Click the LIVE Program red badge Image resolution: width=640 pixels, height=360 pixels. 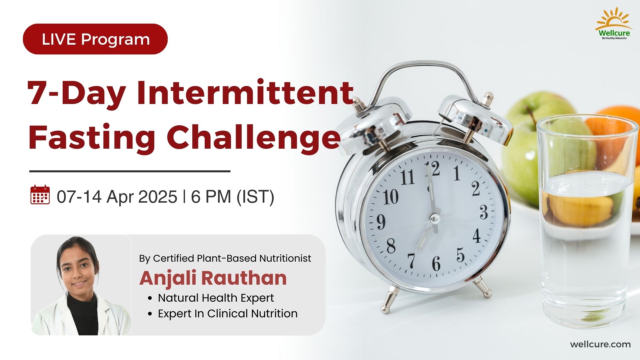95,39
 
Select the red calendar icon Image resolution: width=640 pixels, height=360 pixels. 40,195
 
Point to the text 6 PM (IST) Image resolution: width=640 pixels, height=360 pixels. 232,196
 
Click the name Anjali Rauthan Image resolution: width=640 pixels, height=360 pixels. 213,278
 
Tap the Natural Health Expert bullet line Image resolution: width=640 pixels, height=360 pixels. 216,298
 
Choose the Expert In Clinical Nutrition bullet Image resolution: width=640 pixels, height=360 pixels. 227,313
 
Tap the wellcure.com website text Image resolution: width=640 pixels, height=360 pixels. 600,344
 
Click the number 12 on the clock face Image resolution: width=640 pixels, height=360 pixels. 433,169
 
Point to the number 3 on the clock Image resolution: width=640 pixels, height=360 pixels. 484,212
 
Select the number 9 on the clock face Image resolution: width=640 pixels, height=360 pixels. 381,221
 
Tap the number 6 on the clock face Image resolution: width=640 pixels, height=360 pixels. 436,263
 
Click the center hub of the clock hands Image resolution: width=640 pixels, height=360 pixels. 434,218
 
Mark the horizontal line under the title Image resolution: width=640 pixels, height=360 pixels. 130,171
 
